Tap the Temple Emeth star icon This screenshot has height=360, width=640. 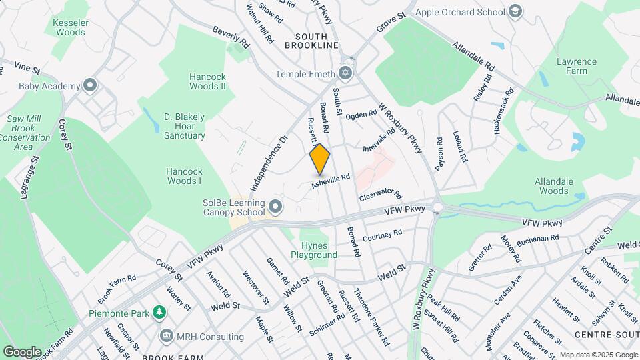point(345,73)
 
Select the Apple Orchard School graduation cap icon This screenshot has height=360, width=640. point(515,11)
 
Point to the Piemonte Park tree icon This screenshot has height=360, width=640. point(159,312)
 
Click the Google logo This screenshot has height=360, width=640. point(22,351)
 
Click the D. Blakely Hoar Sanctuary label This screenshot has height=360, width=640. point(185,126)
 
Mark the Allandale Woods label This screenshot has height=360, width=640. point(551,186)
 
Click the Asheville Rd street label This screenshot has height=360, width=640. point(331,181)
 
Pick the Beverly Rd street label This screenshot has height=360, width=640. point(231,37)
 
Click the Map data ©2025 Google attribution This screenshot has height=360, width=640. point(597,355)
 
